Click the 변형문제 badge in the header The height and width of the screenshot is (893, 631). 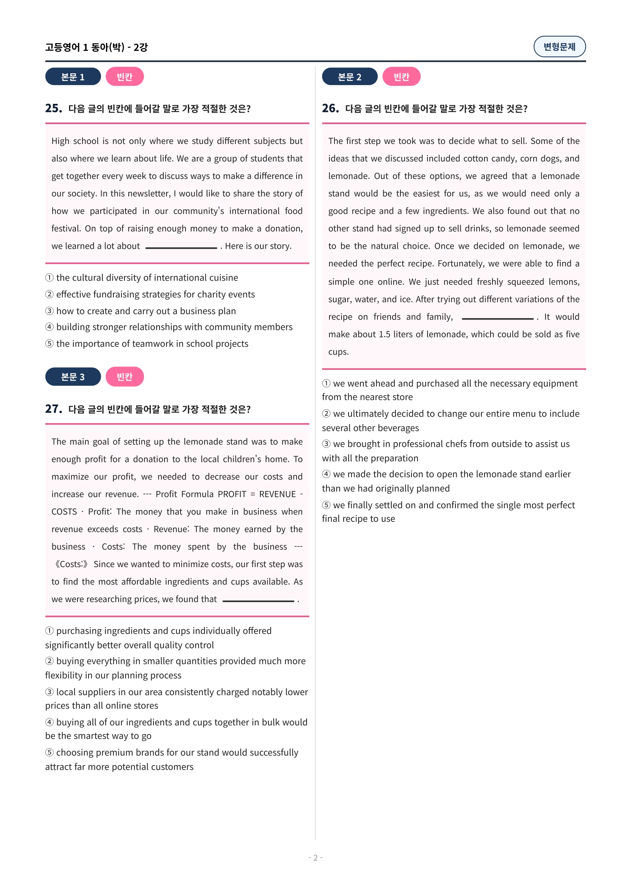pyautogui.click(x=559, y=47)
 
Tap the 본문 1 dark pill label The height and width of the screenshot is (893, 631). pyautogui.click(x=73, y=77)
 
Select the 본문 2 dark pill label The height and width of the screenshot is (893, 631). pyautogui.click(x=349, y=77)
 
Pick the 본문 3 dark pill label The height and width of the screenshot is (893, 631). pyautogui.click(x=73, y=376)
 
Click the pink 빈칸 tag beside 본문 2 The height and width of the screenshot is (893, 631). pyautogui.click(x=401, y=77)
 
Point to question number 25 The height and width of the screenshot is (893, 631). pyautogui.click(x=53, y=108)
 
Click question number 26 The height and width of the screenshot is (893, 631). pyautogui.click(x=330, y=108)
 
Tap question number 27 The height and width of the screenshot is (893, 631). pyautogui.click(x=53, y=409)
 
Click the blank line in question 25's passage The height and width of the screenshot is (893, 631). pyautogui.click(x=181, y=248)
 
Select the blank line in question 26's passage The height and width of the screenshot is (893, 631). pyautogui.click(x=497, y=318)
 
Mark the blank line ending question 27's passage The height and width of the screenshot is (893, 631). pyautogui.click(x=258, y=601)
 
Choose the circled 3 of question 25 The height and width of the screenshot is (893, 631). pyautogui.click(x=49, y=311)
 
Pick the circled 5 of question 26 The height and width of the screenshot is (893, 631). pyautogui.click(x=326, y=505)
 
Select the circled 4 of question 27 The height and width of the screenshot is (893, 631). pyautogui.click(x=49, y=722)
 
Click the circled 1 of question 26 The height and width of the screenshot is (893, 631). pyautogui.click(x=326, y=383)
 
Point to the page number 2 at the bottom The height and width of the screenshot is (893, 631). pyautogui.click(x=315, y=857)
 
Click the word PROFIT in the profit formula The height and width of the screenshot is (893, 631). pyautogui.click(x=232, y=494)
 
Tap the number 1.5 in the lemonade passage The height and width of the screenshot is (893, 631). pyautogui.click(x=384, y=334)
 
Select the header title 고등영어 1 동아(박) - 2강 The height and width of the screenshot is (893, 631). pyautogui.click(x=97, y=47)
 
